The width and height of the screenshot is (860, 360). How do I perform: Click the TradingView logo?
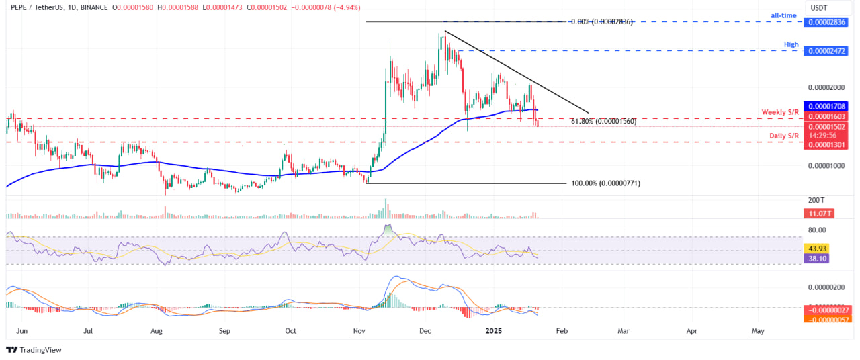pyautogui.click(x=34, y=349)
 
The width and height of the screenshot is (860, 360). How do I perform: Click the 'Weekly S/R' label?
pyautogui.click(x=779, y=111)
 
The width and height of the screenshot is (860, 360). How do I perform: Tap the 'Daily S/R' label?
pyautogui.click(x=783, y=136)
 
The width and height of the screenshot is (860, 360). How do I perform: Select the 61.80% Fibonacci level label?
pyautogui.click(x=603, y=122)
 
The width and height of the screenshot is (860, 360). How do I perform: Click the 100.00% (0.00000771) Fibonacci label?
pyautogui.click(x=605, y=183)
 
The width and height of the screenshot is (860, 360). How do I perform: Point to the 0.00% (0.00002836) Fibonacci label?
pyautogui.click(x=602, y=21)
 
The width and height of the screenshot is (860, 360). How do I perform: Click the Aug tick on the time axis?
pyautogui.click(x=156, y=331)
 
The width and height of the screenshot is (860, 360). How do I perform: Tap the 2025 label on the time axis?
pyautogui.click(x=494, y=331)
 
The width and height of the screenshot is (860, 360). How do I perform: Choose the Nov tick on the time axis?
pyautogui.click(x=359, y=331)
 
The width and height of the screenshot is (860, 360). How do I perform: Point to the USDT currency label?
pyautogui.click(x=818, y=8)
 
